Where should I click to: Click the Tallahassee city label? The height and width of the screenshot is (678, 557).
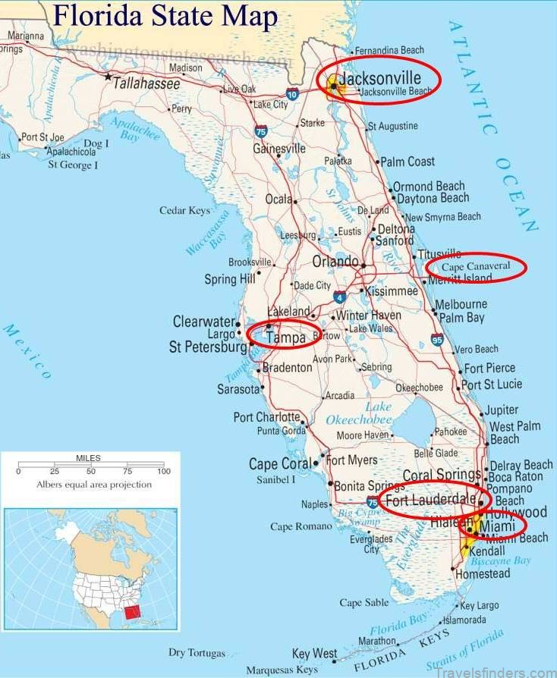pyautogui.click(x=146, y=83)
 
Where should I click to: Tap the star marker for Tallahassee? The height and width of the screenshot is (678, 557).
pyautogui.click(x=109, y=77)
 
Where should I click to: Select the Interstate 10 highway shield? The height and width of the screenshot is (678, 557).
pyautogui.click(x=292, y=93)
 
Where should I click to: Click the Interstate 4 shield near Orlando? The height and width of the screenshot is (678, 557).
pyautogui.click(x=340, y=296)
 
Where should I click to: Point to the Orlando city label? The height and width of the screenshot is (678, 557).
pyautogui.click(x=335, y=262)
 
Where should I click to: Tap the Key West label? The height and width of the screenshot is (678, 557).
pyautogui.click(x=314, y=653)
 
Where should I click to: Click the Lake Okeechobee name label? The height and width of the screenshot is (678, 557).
pyautogui.click(x=357, y=413)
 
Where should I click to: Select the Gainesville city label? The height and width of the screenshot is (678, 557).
pyautogui.click(x=278, y=149)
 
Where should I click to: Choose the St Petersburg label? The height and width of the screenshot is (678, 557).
pyautogui.click(x=207, y=347)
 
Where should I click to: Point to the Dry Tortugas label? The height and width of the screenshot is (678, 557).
pyautogui.click(x=197, y=652)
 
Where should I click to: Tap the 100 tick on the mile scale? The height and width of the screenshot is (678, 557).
pyautogui.click(x=163, y=472)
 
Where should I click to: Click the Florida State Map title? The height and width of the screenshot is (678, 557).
pyautogui.click(x=166, y=16)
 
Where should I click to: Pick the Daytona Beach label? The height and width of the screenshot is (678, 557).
pyautogui.click(x=433, y=198)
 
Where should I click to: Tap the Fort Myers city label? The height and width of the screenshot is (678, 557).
pyautogui.click(x=351, y=460)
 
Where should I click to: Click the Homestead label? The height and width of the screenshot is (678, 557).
pyautogui.click(x=482, y=574)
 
